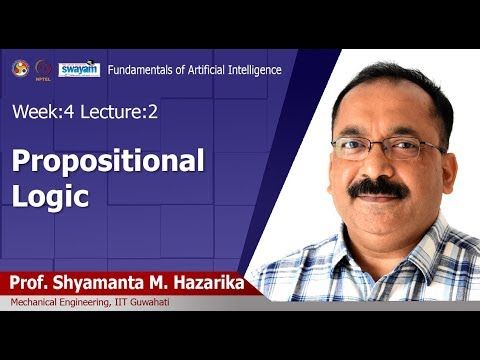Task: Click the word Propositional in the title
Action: pos(108,160)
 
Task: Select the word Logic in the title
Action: pos(50,195)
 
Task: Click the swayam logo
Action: pos(78,69)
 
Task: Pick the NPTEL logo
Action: pos(43,69)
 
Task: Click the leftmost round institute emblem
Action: pos(18,68)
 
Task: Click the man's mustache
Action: pos(379,187)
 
